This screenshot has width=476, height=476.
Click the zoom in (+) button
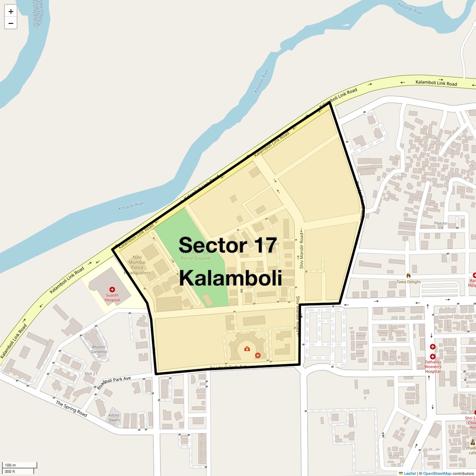coord(11,12)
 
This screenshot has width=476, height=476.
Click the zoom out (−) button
coord(11,23)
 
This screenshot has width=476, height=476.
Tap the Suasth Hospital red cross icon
coord(112,289)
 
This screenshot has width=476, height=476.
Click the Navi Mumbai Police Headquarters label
coord(137,265)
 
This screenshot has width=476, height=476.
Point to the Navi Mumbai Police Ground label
coord(195,256)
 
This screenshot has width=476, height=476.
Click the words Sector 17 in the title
coord(228,245)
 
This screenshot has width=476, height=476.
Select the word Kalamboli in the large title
coord(230,278)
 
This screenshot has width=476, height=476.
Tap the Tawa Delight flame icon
coord(408,276)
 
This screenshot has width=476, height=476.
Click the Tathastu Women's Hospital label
coord(433,367)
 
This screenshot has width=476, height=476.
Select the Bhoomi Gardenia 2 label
coord(99,352)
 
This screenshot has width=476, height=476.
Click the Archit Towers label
coord(114,418)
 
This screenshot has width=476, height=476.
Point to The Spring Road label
coord(71,409)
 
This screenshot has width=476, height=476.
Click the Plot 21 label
coord(91,374)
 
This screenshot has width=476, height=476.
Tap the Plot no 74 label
coord(441,225)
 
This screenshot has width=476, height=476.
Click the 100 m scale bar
coord(20,465)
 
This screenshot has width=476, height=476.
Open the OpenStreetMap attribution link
coord(437,473)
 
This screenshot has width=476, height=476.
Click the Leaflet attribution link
coord(410,473)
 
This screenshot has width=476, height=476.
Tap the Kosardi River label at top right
coord(410,8)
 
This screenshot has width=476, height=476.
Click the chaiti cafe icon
coord(472,443)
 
